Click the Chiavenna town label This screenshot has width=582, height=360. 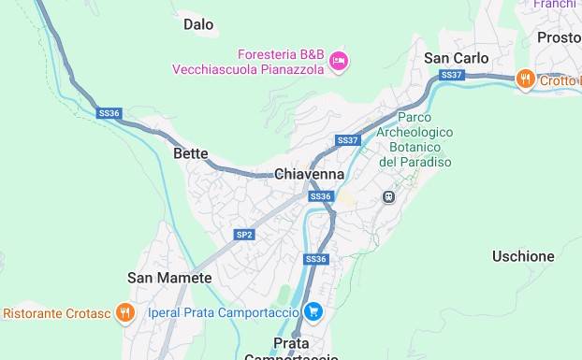tap(309, 174)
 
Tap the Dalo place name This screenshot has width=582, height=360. tap(198, 24)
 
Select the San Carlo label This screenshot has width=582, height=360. tap(456, 58)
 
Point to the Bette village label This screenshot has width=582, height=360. tap(190, 153)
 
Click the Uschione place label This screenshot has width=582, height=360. tap(523, 255)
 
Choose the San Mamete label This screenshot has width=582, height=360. tap(169, 278)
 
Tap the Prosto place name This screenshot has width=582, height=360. tap(559, 37)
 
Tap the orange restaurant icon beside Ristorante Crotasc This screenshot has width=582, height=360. tap(125, 312)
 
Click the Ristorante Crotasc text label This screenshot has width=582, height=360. tap(56, 313)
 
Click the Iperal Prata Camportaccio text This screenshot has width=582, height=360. tap(224, 312)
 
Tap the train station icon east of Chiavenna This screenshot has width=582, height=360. tap(387, 197)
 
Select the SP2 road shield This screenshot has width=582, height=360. tap(244, 235)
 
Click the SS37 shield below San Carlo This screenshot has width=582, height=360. tap(451, 75)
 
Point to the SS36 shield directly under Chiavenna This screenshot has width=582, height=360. tap(321, 196)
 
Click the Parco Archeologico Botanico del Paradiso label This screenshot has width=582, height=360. tap(415, 139)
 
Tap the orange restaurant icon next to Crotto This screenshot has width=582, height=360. tap(526, 79)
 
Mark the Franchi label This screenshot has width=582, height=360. tap(555, 5)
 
